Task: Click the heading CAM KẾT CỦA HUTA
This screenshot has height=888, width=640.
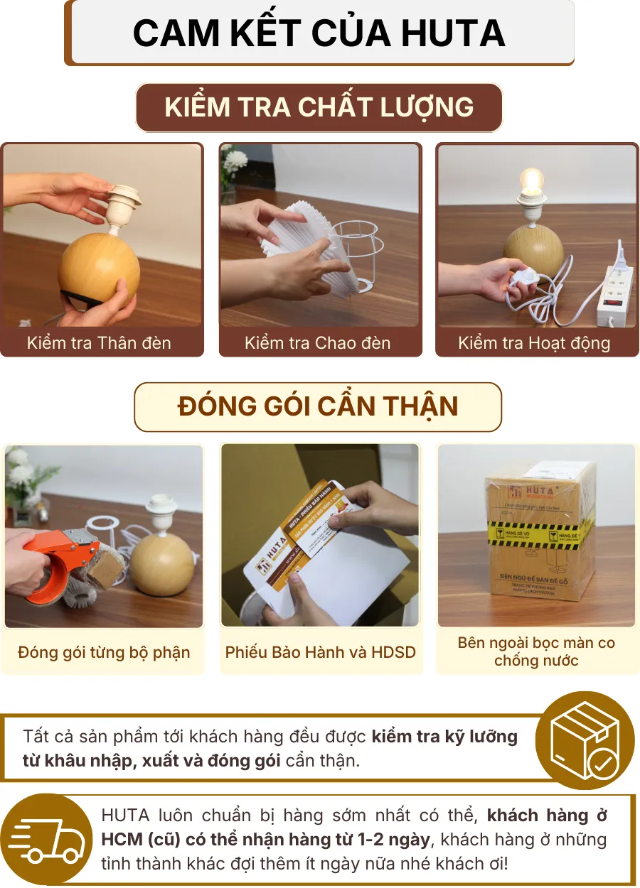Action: pos(319,33)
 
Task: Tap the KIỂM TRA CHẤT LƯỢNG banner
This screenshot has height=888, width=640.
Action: pos(319,107)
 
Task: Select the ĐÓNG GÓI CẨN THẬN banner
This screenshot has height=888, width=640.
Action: pos(318,406)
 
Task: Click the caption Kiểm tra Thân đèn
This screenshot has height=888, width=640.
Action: pos(99,343)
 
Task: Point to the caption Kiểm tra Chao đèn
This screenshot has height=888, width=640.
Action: pos(318,343)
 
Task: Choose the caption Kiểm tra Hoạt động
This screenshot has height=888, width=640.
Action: pos(534,343)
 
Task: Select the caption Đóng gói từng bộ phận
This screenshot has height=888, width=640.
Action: pos(104,652)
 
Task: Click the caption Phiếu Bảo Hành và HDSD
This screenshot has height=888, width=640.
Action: pos(321,652)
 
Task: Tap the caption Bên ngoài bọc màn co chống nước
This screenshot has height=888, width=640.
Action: pos(536,651)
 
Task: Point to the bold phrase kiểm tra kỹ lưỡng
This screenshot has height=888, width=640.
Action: pos(444,736)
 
